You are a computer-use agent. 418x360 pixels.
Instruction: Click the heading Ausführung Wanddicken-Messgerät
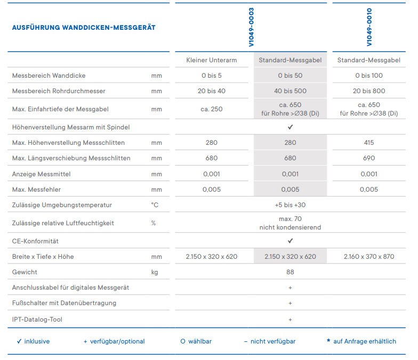point(84,28)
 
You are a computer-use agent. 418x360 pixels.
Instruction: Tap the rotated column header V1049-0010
point(369,27)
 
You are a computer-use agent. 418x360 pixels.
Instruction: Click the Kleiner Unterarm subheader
point(212,60)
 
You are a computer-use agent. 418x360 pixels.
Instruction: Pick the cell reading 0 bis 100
point(369,76)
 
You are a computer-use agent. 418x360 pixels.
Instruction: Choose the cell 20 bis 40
point(212,91)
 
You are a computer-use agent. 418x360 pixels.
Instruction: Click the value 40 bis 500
point(290,91)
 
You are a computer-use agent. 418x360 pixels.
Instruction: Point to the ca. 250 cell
point(212,109)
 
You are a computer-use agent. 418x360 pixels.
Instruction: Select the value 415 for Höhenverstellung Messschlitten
point(369,143)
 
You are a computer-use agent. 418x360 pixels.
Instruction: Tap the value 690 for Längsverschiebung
point(369,158)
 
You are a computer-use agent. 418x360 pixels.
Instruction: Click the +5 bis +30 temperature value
point(290,205)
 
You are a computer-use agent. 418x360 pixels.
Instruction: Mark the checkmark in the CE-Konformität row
point(290,241)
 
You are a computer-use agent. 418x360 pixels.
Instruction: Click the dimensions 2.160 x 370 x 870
point(369,257)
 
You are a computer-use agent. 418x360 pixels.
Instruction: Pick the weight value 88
point(290,272)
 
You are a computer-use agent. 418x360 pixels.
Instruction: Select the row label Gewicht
point(25,272)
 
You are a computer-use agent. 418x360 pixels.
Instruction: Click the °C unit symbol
point(155,205)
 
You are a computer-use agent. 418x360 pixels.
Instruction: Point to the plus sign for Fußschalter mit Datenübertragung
point(290,303)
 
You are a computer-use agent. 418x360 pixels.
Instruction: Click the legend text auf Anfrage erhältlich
point(365,341)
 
